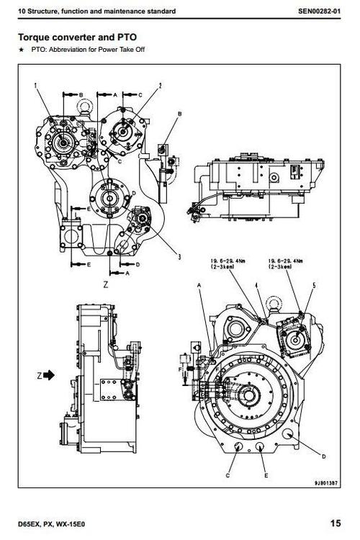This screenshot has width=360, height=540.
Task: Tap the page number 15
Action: tap(336, 523)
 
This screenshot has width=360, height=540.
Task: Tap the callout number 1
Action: tap(35, 86)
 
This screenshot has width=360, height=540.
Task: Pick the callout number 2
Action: tap(159, 86)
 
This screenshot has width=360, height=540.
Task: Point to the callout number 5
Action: tap(313, 287)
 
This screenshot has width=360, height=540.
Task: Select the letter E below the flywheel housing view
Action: tap(266, 477)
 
